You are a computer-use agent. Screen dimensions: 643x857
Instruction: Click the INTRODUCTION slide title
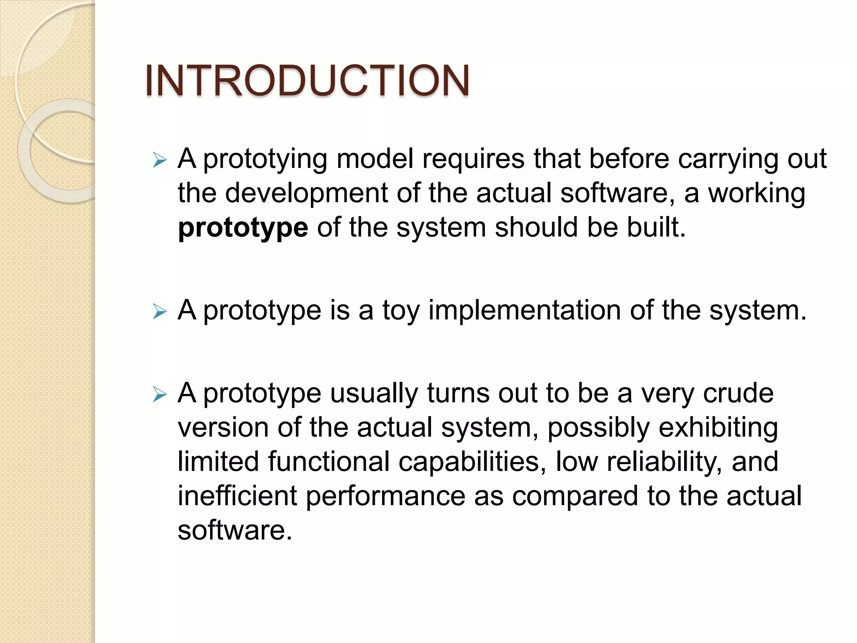(x=307, y=80)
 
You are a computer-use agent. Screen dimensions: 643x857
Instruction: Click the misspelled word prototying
(x=265, y=159)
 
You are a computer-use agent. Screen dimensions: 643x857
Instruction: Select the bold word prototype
(x=243, y=228)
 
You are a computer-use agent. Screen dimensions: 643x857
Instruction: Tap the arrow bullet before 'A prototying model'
(x=160, y=160)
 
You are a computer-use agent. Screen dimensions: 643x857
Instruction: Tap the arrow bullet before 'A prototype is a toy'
(x=160, y=311)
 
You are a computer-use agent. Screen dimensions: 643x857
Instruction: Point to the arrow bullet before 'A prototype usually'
(x=160, y=394)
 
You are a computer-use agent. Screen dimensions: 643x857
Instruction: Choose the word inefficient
(x=237, y=496)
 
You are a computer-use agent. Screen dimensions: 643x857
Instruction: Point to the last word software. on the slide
(x=235, y=530)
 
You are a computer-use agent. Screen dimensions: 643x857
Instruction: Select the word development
(x=306, y=194)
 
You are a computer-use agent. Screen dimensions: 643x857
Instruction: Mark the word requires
(x=473, y=159)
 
